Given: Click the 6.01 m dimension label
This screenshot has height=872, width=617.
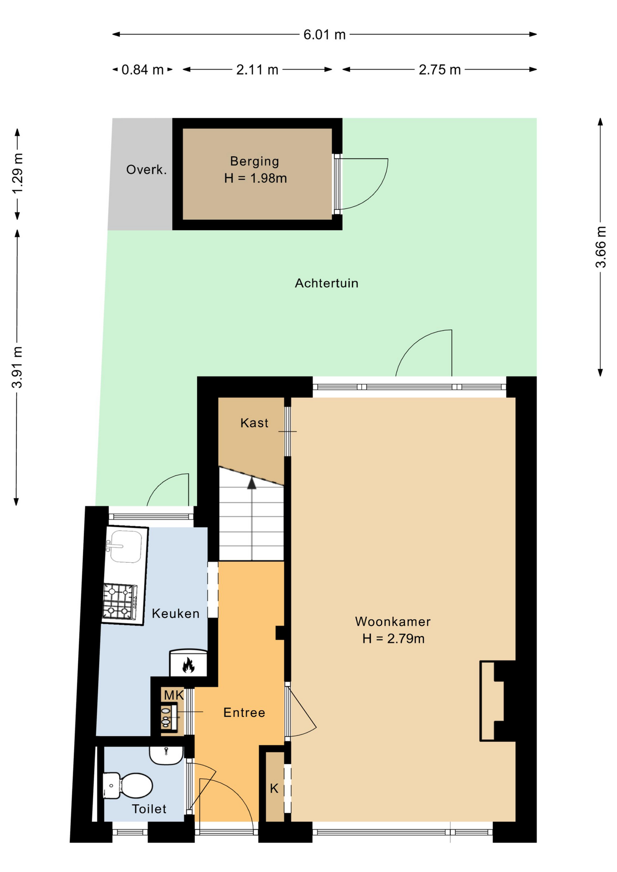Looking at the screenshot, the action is [324, 35].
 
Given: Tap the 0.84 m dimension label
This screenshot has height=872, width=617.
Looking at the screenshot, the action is [142, 70].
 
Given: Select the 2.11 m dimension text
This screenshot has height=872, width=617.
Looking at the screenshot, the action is [257, 70].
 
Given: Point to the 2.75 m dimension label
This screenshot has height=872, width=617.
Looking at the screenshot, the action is [439, 70].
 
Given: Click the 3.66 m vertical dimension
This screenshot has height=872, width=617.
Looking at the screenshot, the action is [601, 247].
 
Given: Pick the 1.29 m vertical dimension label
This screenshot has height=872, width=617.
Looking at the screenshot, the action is [17, 174].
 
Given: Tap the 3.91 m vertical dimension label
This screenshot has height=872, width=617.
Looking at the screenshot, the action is [17, 367].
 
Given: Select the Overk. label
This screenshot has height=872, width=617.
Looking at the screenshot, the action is [146, 170].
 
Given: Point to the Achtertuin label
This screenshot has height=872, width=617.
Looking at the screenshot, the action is [327, 283].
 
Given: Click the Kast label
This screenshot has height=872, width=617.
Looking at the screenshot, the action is [254, 423].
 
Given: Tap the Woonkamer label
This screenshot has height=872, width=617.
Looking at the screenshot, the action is [393, 621].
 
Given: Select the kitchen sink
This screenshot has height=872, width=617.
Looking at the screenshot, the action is [125, 546].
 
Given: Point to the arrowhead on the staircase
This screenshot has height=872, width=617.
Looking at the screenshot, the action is [252, 483].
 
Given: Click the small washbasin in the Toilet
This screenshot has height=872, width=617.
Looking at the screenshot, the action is [166, 756].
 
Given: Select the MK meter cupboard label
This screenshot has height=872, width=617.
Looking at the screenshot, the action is [174, 695].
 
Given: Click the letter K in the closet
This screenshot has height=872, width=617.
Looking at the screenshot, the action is [274, 788].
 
